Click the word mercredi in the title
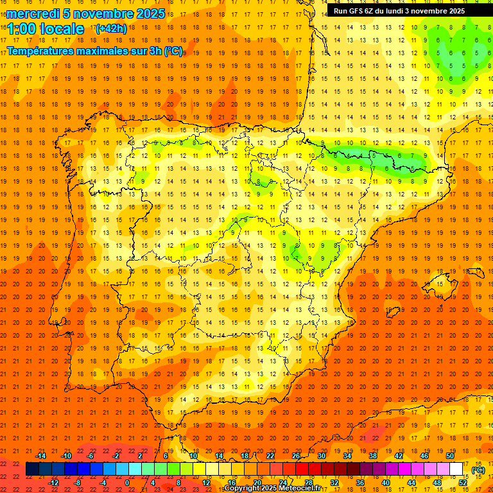pyautogui.click(x=33, y=13)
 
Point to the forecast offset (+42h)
pyautogui.click(x=111, y=28)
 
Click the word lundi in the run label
pyautogui.click(x=406, y=11)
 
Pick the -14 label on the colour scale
pyautogui.click(x=40, y=456)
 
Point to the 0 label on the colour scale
pyautogui.click(x=127, y=483)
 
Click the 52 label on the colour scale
pyautogui.click(x=463, y=483)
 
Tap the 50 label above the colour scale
pyautogui.click(x=450, y=456)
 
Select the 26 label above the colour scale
pyautogui.click(x=296, y=456)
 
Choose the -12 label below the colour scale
pyautogui.click(x=53, y=483)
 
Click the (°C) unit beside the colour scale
pyautogui.click(x=478, y=470)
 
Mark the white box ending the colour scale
pyautogui.click(x=456, y=469)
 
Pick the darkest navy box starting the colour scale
pyautogui.click(x=32, y=469)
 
